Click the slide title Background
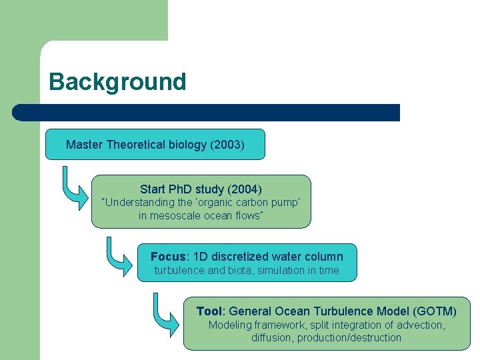117,82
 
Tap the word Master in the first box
84,145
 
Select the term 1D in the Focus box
201,257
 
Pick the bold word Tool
209,311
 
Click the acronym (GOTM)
435,311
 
